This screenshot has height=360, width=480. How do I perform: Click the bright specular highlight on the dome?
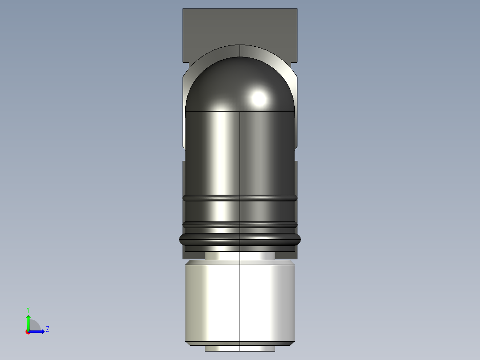pyautogui.click(x=259, y=97)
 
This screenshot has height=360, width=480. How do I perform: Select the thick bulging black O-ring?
pyautogui.click(x=240, y=239)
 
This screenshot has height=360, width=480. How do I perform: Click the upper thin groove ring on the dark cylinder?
pyautogui.click(x=240, y=198)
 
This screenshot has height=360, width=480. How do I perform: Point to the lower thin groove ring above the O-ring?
pyautogui.click(x=240, y=225)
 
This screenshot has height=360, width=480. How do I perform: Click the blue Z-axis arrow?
pyautogui.click(x=38, y=331)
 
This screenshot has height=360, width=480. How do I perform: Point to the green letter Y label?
pyautogui.click(x=28, y=309)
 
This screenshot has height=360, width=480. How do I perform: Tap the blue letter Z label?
pyautogui.click(x=47, y=329)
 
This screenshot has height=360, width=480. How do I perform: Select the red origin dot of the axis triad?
pyautogui.click(x=28, y=332)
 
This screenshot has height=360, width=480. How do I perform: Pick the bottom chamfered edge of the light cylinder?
pyautogui.click(x=240, y=343)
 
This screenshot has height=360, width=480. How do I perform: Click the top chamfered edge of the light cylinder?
pyautogui.click(x=240, y=262)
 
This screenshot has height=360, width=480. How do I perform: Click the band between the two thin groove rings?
pyautogui.click(x=240, y=211)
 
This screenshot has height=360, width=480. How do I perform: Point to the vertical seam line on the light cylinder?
pyautogui.click(x=240, y=303)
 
